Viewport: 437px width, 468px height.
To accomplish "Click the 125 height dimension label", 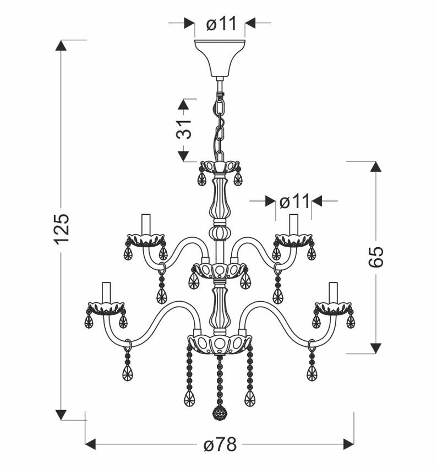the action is (x=62, y=228).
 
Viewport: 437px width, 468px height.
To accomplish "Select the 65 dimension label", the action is (x=375, y=257).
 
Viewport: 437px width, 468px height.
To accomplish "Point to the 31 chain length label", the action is (x=183, y=129).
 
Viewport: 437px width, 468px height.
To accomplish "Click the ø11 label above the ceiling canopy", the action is (x=221, y=23).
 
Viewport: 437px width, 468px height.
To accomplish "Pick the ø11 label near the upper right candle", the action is (x=294, y=202).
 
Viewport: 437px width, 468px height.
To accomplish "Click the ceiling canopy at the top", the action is (x=220, y=58).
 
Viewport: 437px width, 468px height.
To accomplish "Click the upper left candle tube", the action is (x=146, y=225).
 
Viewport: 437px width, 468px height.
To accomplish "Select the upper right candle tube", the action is (x=294, y=225).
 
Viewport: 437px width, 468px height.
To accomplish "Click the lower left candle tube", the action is (x=106, y=293).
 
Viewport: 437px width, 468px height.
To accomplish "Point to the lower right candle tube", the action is (x=333, y=293).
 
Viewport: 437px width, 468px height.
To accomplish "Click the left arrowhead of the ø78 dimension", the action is (x=90, y=444).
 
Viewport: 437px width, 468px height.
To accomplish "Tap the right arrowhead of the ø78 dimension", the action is (x=349, y=444).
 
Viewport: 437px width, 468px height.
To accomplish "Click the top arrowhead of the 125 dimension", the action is (x=61, y=45).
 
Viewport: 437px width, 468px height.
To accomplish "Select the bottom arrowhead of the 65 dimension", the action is (x=375, y=349).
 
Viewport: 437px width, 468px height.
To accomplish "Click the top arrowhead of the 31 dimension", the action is (x=183, y=105).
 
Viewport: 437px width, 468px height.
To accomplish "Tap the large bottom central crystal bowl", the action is (x=220, y=345).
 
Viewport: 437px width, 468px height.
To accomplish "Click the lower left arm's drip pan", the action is (x=106, y=309).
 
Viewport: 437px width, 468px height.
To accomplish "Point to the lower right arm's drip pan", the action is (x=333, y=309).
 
